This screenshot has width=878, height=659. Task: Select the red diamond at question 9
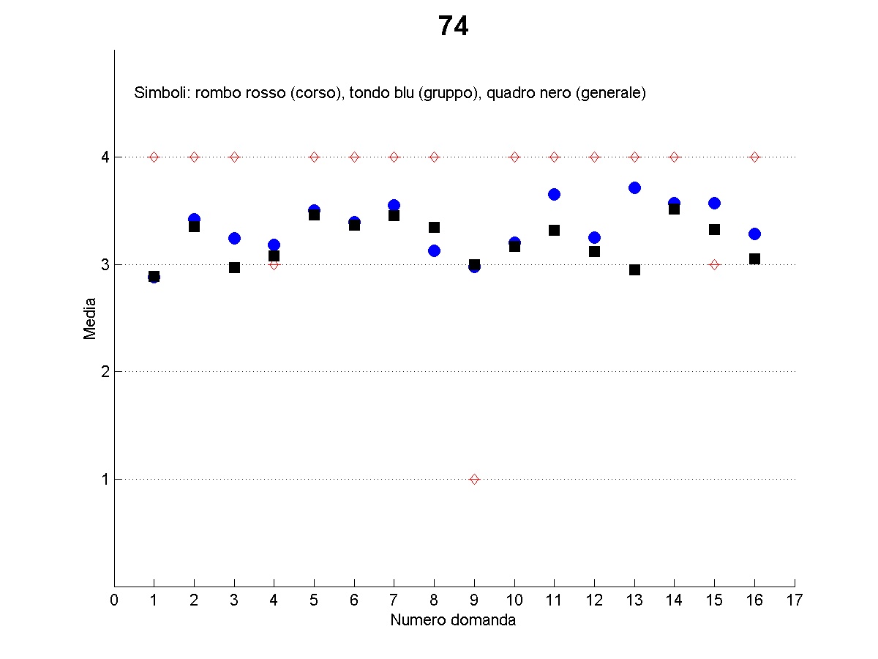pyautogui.click(x=474, y=479)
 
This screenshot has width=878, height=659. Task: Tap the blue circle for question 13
pyautogui.click(x=634, y=188)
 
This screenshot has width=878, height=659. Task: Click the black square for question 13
pyautogui.click(x=634, y=269)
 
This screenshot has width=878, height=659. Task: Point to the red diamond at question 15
pyautogui.click(x=714, y=264)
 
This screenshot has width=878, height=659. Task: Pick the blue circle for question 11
pyautogui.click(x=554, y=194)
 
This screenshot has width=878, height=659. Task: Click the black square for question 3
pyautogui.click(x=234, y=267)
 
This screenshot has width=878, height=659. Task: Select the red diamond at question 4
pyautogui.click(x=274, y=264)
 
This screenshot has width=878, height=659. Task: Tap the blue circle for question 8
pyautogui.click(x=434, y=250)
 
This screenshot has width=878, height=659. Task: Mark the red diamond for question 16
pyautogui.click(x=754, y=157)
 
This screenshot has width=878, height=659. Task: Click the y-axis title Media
pyautogui.click(x=90, y=318)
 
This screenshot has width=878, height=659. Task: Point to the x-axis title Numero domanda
pyautogui.click(x=453, y=620)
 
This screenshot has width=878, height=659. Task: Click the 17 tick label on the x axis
pyautogui.click(x=795, y=601)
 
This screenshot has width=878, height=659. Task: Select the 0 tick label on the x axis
pyautogui.click(x=114, y=601)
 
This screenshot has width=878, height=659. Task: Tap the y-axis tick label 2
pyautogui.click(x=105, y=372)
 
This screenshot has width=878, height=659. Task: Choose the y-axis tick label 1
pyautogui.click(x=105, y=480)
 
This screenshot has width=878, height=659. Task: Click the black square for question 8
pyautogui.click(x=434, y=227)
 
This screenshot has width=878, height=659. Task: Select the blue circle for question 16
pyautogui.click(x=754, y=234)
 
